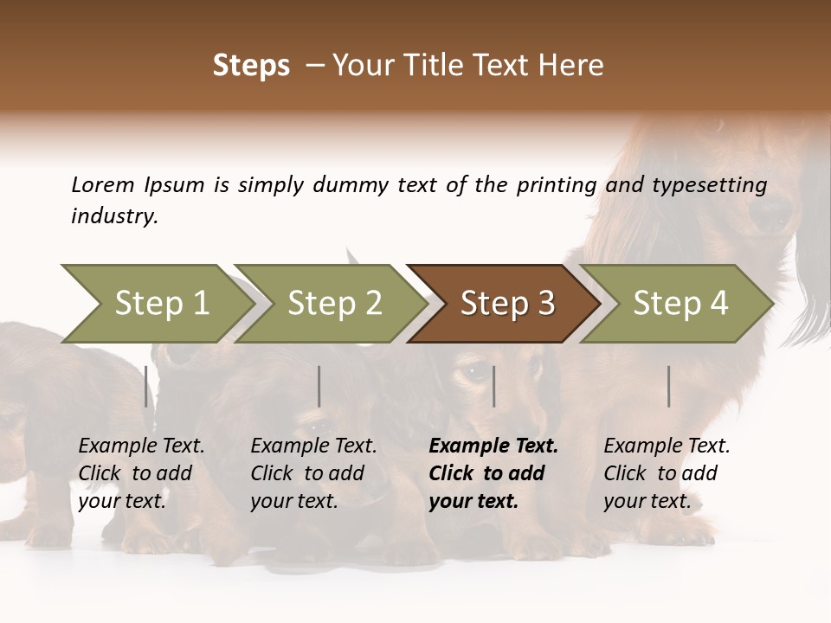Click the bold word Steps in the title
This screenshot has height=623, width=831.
(x=251, y=66)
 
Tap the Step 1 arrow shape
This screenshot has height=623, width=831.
(x=156, y=304)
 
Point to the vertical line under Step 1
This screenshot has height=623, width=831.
(x=146, y=386)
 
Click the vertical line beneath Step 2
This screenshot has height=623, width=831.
(x=319, y=386)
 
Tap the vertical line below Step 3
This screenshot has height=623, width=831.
(x=493, y=386)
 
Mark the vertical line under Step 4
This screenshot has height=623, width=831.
(x=668, y=386)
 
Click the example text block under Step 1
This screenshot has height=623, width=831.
(x=141, y=473)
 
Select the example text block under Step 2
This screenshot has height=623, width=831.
(x=313, y=473)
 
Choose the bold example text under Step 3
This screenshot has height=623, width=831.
(x=493, y=473)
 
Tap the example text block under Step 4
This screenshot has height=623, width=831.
(x=667, y=473)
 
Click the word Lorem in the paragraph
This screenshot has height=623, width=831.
(x=103, y=184)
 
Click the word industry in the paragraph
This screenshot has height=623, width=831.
(x=114, y=216)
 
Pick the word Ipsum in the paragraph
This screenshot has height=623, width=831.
(x=175, y=186)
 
